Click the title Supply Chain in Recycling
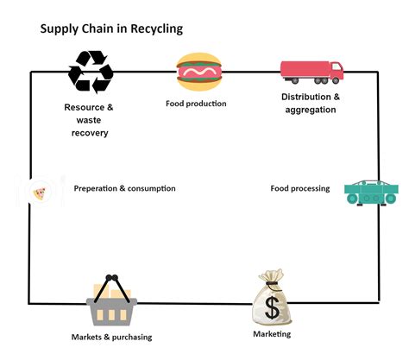coord(111,28)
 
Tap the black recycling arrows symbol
coord(90,72)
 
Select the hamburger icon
coord(198,73)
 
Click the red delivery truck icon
coord(311,72)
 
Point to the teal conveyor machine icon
coord(371,193)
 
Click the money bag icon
coord(272,299)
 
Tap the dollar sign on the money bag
coord(272,307)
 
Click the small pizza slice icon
coord(40,193)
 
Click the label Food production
coord(196,104)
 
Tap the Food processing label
coord(299,188)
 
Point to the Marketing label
coord(272,334)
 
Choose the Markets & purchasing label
coord(111,337)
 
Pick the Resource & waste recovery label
coord(88,120)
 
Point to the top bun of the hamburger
coord(198,60)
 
